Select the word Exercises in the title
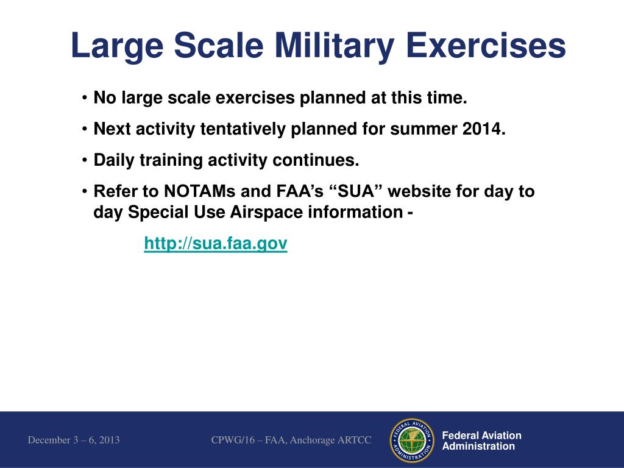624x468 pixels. coord(486,45)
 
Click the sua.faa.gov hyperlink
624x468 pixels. coord(216,243)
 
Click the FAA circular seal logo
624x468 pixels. coord(413,441)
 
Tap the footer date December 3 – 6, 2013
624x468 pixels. coord(74,440)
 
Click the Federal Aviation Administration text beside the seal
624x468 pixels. coord(481,441)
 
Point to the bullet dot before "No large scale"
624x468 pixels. coord(84,97)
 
